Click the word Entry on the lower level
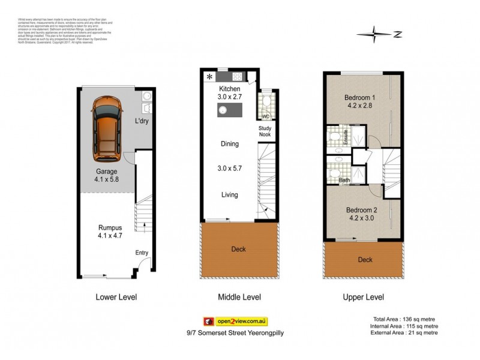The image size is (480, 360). (142, 253)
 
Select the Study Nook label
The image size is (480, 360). (265, 131)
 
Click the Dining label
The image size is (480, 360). (229, 144)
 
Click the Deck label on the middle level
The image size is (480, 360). (238, 249)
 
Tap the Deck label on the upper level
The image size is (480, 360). (364, 260)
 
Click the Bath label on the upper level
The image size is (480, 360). (344, 180)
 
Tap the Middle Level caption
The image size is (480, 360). (239, 297)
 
